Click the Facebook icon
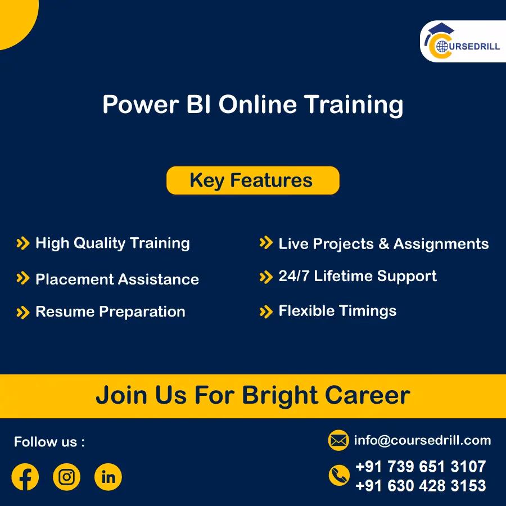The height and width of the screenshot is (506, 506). pyautogui.click(x=25, y=477)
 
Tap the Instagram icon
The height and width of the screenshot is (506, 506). pyautogui.click(x=66, y=477)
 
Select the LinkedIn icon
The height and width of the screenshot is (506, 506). pyautogui.click(x=108, y=477)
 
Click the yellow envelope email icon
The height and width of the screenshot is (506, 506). pyautogui.click(x=338, y=441)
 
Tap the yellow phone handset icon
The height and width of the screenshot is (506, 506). pyautogui.click(x=338, y=476)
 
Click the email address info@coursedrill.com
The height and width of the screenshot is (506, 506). pyautogui.click(x=422, y=440)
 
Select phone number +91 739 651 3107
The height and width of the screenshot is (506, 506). pyautogui.click(x=421, y=467)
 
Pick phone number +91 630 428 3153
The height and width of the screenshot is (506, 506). pyautogui.click(x=421, y=485)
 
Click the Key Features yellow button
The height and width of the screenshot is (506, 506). pyautogui.click(x=252, y=180)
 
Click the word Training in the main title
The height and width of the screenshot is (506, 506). pyautogui.click(x=354, y=105)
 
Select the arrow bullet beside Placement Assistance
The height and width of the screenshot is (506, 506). pyautogui.click(x=22, y=278)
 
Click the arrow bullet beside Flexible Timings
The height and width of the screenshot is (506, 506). pyautogui.click(x=265, y=311)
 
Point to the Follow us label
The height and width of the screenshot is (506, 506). pyautogui.click(x=49, y=442)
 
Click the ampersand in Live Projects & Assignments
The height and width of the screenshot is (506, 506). pyautogui.click(x=384, y=244)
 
